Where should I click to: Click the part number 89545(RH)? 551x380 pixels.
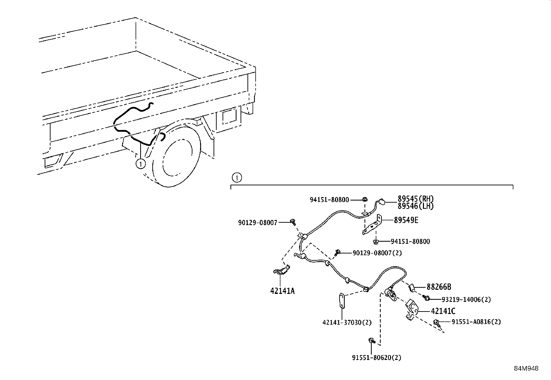[x=415, y=199]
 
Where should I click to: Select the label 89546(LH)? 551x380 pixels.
[x=415, y=206]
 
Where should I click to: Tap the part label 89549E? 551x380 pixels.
[x=406, y=220]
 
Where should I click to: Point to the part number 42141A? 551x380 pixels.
[x=282, y=291]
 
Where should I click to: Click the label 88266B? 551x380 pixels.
[x=439, y=287]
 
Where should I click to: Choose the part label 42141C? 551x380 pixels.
[x=443, y=311]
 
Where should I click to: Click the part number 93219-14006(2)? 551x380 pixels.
[x=466, y=299]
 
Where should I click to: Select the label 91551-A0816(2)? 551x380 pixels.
[x=476, y=322]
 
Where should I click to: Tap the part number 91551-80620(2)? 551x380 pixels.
[x=377, y=358]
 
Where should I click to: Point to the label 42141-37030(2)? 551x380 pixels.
[x=347, y=322]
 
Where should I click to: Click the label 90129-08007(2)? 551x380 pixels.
[x=377, y=253]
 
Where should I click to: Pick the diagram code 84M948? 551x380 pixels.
[x=526, y=369]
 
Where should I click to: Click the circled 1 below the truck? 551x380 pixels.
[x=141, y=164]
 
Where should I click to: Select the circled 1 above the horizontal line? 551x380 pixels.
[x=236, y=178]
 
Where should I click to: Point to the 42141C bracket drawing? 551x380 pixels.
[x=412, y=309]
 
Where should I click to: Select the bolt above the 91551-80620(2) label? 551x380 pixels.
[x=371, y=341]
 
